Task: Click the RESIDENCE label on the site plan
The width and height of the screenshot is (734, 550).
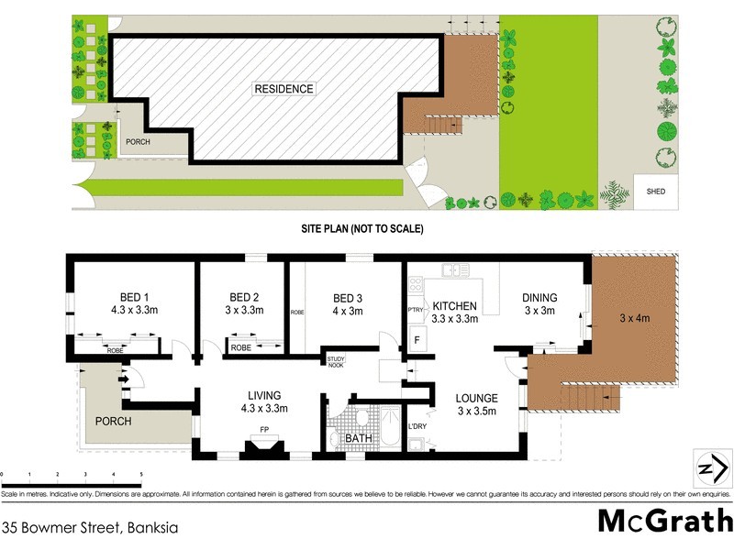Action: pos(284,89)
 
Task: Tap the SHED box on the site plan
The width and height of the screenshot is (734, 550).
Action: pos(655,192)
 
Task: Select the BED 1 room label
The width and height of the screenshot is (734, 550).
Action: pos(134,297)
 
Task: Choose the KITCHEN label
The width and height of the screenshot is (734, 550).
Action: pos(454,305)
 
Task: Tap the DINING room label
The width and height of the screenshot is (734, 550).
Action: pos(539,297)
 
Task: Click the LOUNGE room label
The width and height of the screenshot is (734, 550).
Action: pos(477,399)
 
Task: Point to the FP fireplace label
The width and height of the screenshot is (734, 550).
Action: pos(265,428)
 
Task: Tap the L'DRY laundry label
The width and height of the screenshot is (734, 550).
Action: pos(417,427)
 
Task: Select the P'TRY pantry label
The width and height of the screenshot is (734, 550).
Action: pos(415,311)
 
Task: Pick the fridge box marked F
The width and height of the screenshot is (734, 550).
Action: pos(417,340)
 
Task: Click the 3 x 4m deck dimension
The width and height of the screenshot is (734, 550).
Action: pos(635,319)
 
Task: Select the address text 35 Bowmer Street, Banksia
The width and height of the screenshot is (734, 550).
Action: pos(89,527)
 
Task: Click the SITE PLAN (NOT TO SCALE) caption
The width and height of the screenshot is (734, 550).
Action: pos(361,228)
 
